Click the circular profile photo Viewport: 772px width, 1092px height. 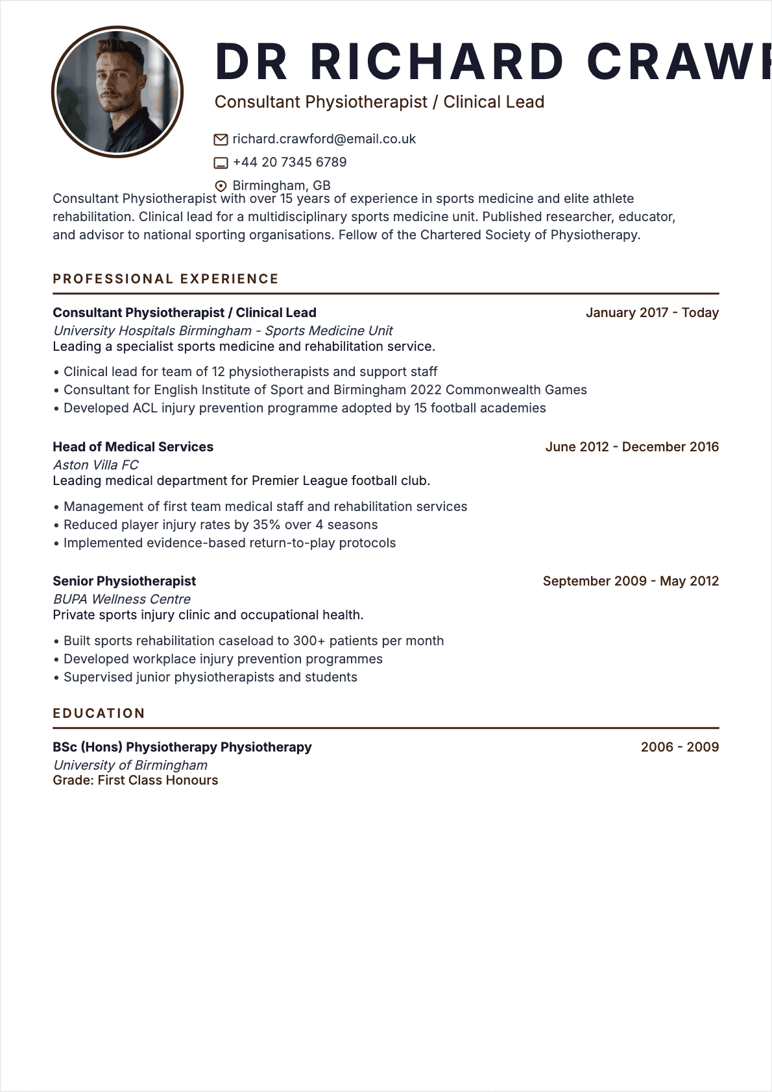pos(117,92)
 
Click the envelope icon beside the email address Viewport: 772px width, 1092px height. pos(221,139)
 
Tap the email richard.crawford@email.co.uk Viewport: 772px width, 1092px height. pos(324,139)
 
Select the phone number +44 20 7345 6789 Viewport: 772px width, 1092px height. pos(289,162)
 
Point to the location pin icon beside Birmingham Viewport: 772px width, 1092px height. pos(221,186)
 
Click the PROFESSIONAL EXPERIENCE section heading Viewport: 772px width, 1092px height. pos(165,279)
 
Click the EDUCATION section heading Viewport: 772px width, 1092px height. pos(99,713)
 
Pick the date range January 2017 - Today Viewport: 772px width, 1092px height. pos(652,313)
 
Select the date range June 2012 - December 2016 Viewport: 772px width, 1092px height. pos(632,447)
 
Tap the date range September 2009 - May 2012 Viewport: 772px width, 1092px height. pos(631,581)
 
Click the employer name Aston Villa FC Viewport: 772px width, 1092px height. pos(95,465)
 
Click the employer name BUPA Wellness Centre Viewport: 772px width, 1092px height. pos(122,599)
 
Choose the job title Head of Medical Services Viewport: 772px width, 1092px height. pos(133,447)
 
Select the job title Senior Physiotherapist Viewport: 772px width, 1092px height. pos(124,581)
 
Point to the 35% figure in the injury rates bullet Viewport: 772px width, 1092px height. pos(266,525)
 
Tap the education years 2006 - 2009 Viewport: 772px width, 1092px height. pos(679,747)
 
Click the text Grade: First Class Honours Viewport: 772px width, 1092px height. pos(135,780)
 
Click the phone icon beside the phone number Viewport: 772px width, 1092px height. pos(221,163)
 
